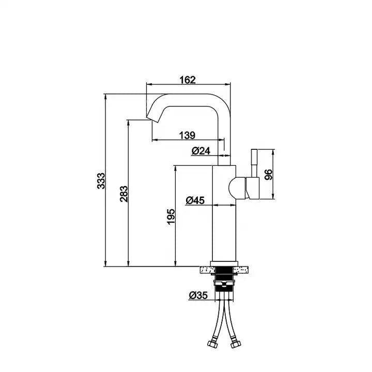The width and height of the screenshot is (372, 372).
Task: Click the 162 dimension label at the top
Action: click(188, 80)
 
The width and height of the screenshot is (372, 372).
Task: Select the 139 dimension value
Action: click(187, 135)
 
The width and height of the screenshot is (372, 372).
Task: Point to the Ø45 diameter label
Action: click(195, 200)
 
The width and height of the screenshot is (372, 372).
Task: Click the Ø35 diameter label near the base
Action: click(198, 296)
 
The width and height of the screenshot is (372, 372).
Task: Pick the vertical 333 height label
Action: click(101, 181)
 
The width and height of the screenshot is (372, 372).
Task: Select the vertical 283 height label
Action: click(124, 193)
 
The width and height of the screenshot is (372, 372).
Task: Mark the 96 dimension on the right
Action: click(268, 174)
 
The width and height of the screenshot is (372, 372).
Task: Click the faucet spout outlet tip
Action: click(151, 118)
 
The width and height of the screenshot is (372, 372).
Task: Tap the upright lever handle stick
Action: click(254, 163)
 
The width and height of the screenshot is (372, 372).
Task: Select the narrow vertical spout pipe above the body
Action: click(224, 134)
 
